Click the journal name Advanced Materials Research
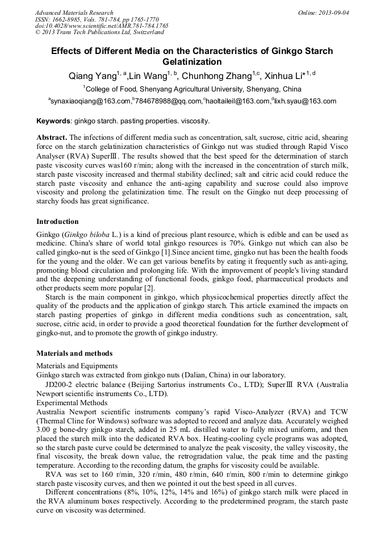pyautogui.click(x=74, y=13)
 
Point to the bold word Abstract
pyautogui.click(x=52, y=138)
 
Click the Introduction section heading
pyautogui.click(x=57, y=221)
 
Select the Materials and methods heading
pyautogui.click(x=74, y=353)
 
